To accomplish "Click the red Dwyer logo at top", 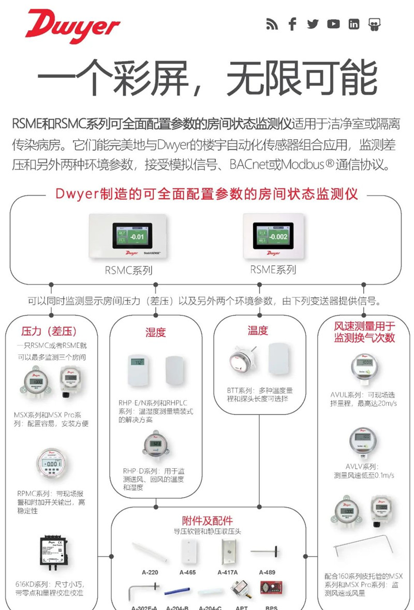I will point(72,26).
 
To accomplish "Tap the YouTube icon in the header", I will point(333,24).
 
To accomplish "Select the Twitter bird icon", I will point(313,24).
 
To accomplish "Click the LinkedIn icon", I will point(353,24).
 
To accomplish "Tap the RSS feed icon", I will point(272,24).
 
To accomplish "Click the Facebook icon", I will point(292,24).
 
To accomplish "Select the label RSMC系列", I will point(129,270).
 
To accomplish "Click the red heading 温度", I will point(258,331).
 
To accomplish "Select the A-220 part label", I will point(150,573).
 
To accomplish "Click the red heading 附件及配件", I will point(207,520).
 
